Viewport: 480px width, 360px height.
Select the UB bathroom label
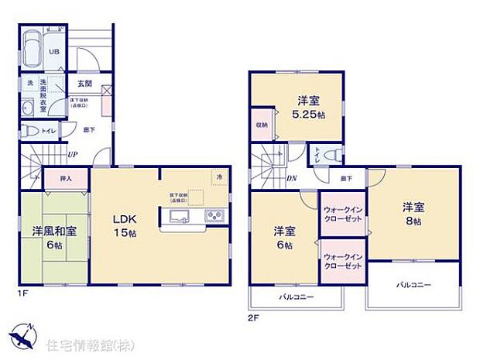[x=54, y=52]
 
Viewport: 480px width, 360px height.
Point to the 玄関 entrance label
[x=84, y=84]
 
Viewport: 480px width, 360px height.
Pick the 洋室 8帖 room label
[x=412, y=214]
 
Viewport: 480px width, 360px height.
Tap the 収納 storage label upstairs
[x=262, y=125]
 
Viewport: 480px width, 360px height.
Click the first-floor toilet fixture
[x=33, y=131]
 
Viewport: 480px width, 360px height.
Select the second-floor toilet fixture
[x=331, y=155]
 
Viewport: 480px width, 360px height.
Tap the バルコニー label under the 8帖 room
[x=413, y=285]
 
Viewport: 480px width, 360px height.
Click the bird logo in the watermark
[x=21, y=338]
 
